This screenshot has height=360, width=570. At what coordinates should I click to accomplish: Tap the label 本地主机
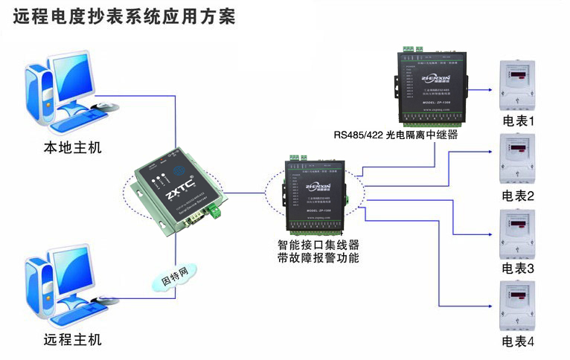pyautogui.click(x=72, y=147)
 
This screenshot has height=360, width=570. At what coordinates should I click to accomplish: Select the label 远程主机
pyautogui.click(x=72, y=340)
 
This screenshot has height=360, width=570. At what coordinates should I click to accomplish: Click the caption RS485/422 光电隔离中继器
pyautogui.click(x=395, y=135)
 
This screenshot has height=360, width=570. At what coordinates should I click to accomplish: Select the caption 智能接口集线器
pyautogui.click(x=318, y=245)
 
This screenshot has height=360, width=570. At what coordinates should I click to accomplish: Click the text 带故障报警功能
pyautogui.click(x=318, y=258)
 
